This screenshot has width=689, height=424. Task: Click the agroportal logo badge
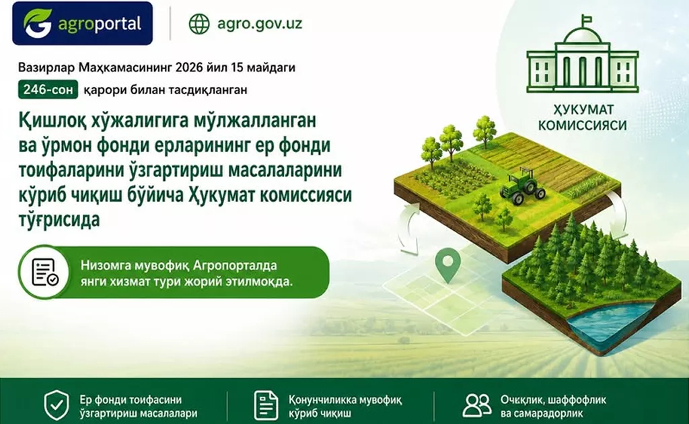(x=83, y=24)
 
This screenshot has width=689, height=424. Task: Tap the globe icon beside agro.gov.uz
(x=199, y=24)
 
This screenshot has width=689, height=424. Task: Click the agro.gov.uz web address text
(x=260, y=24)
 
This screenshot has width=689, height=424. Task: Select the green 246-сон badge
(x=48, y=90)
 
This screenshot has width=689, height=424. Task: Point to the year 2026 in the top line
(x=189, y=68)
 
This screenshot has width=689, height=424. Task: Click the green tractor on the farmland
(x=522, y=186)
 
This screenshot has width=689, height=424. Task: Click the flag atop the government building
(x=585, y=20)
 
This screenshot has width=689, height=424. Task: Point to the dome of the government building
(x=582, y=37)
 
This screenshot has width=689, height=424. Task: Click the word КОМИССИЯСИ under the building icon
(x=582, y=125)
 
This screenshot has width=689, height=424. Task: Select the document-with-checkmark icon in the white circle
(x=44, y=273)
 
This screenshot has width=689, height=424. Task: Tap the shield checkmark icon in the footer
(x=57, y=406)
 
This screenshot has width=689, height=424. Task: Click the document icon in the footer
(x=266, y=406)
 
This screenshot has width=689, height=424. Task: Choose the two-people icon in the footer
(x=477, y=405)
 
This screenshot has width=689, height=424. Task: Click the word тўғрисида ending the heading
(x=59, y=219)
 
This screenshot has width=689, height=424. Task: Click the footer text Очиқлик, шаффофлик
(x=553, y=400)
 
